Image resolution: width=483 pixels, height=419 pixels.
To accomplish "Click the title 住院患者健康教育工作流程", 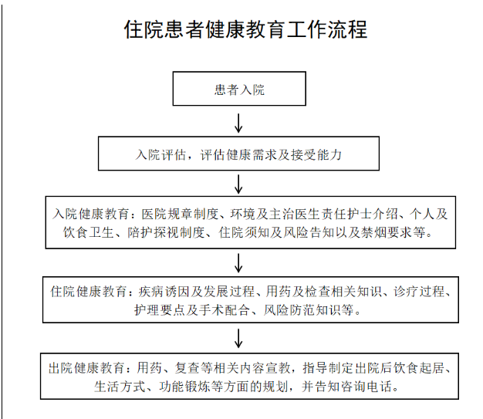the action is click(245, 29).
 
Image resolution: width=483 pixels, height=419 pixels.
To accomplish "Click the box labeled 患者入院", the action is click(239, 89).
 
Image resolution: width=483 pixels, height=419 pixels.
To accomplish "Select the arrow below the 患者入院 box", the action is click(238, 123).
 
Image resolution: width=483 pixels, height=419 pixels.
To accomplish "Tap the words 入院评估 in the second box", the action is click(160, 154).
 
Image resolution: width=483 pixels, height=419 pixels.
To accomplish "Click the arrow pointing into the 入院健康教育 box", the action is click(238, 184).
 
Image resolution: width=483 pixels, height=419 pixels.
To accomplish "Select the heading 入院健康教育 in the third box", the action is click(90, 214).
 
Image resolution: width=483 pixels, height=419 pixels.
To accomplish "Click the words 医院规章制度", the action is click(180, 214).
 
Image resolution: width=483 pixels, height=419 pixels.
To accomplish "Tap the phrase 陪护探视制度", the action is click(167, 232).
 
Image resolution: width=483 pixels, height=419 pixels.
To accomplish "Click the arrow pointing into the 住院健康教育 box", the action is click(238, 263).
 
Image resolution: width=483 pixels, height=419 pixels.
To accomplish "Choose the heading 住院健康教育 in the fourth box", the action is click(89, 292).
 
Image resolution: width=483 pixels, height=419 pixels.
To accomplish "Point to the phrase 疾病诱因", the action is click(164, 292).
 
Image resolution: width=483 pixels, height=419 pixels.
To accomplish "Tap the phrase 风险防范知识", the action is click(302, 310).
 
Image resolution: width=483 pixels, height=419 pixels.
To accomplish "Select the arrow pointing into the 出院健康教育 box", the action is click(238, 338).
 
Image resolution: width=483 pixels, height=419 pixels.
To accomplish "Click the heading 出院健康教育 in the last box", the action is click(87, 368).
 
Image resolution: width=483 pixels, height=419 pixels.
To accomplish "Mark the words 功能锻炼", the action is click(185, 387).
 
